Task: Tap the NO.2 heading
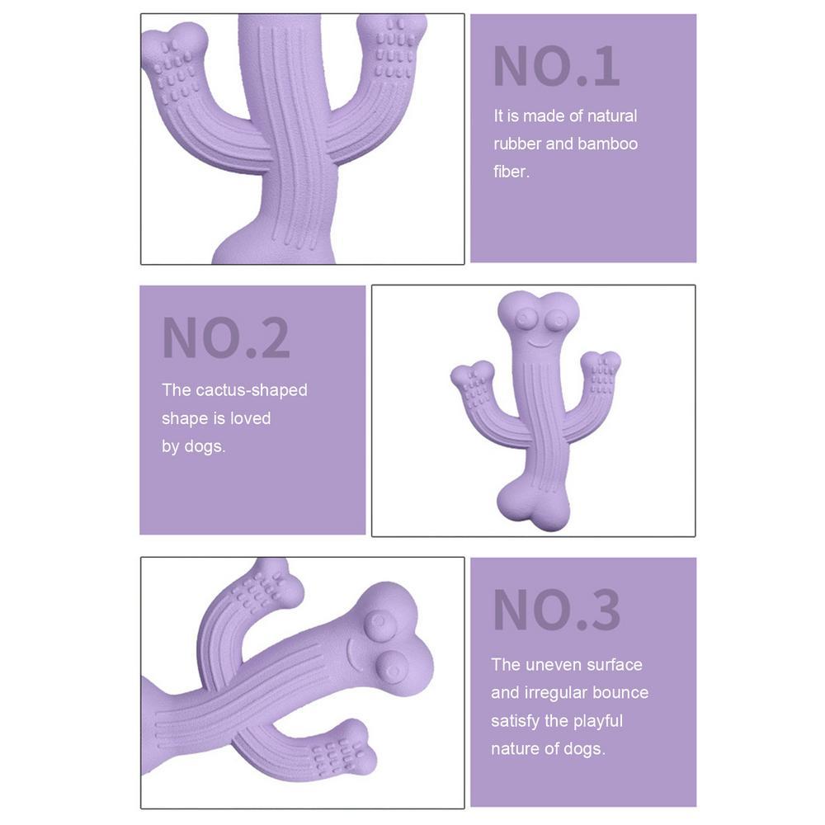(x=226, y=337)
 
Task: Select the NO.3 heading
(x=556, y=610)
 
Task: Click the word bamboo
(x=607, y=144)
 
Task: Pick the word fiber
(x=510, y=172)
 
